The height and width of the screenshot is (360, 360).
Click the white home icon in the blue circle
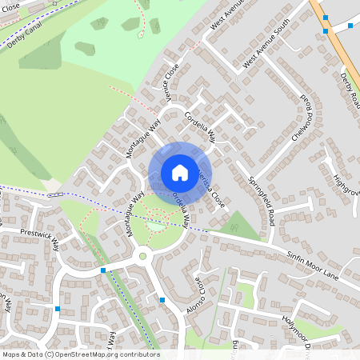(180, 172)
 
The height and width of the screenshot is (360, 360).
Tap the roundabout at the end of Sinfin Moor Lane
(144, 256)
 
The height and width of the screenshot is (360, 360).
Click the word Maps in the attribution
(11, 354)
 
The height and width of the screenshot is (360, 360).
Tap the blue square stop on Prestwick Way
(103, 270)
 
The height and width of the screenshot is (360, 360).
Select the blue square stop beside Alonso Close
(162, 300)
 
